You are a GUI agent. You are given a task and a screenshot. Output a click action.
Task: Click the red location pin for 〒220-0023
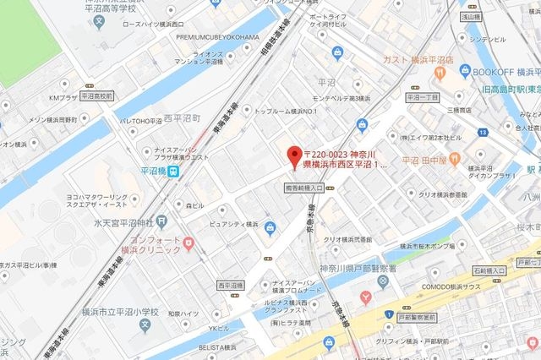pos(294,155)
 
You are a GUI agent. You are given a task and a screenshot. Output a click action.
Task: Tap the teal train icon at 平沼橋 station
pos(172,170)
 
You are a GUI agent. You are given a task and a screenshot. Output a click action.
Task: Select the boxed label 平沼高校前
pos(96,96)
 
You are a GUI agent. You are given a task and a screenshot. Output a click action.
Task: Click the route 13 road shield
pos(481,132)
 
